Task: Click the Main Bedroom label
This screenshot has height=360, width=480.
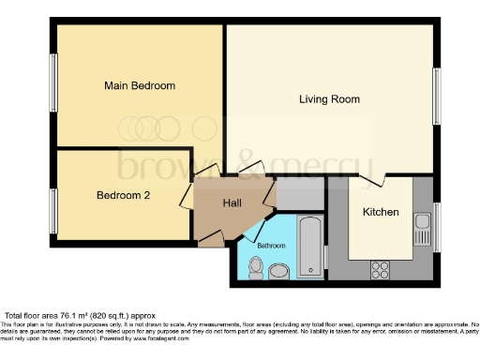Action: point(139,85)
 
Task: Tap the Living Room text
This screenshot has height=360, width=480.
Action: point(329,98)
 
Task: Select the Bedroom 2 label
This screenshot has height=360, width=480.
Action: point(123,196)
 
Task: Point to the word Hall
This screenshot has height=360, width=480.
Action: point(232,202)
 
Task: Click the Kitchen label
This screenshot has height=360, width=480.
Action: point(381,212)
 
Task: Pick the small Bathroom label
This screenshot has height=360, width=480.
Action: point(272,245)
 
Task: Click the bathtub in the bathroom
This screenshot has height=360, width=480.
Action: point(309,248)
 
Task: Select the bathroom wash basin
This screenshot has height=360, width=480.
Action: point(278,272)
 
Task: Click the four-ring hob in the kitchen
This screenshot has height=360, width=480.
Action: point(381,270)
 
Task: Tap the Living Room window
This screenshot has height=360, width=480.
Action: point(436,97)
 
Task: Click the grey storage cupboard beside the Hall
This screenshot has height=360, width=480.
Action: point(300,193)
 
